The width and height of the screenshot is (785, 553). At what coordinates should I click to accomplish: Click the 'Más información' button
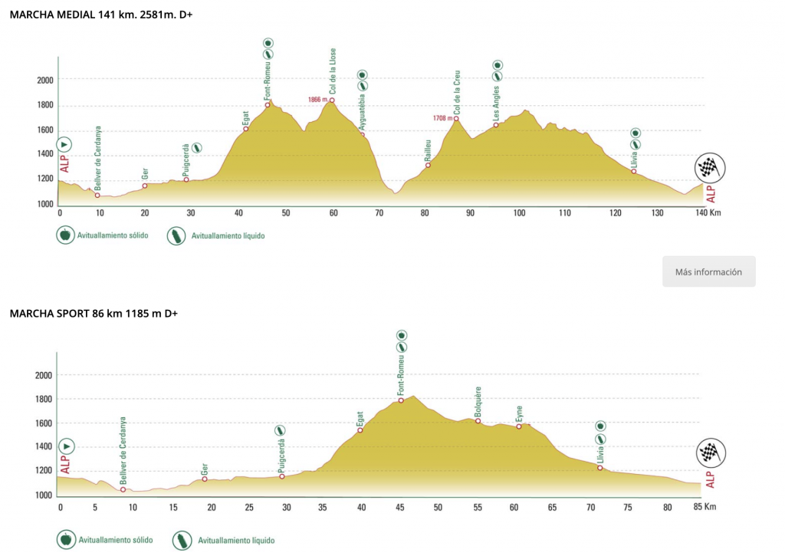(x=708, y=272)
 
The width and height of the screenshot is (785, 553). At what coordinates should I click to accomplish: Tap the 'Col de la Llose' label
(x=333, y=70)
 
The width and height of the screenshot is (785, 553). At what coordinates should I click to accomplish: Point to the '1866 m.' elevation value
(x=317, y=100)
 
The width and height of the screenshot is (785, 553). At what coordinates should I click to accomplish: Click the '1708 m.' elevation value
(x=443, y=118)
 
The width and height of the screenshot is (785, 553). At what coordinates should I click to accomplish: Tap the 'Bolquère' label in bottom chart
(x=478, y=401)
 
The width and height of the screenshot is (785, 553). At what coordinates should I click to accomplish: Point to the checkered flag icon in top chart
(x=710, y=168)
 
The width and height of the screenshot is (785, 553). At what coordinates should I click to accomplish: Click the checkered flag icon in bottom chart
(x=710, y=453)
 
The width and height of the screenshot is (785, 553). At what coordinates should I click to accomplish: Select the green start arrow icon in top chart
(x=64, y=144)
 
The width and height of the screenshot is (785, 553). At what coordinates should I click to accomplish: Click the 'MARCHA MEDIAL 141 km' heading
(x=99, y=15)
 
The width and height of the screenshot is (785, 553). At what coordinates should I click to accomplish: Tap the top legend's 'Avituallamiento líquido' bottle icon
(x=176, y=235)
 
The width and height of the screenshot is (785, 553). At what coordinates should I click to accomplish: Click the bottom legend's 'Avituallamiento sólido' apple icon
(x=64, y=540)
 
